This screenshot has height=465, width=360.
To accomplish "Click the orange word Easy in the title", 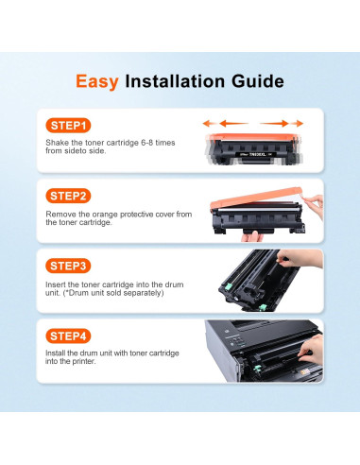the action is (97, 82).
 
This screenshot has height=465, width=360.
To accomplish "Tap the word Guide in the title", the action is (258, 81).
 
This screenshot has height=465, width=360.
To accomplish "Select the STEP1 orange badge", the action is (68, 126).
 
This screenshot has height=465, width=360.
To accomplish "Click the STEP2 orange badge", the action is (68, 196).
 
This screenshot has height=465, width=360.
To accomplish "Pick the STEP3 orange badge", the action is (68, 267).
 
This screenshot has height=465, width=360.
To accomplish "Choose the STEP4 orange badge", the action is (68, 336).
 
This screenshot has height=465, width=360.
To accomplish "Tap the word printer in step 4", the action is (83, 361).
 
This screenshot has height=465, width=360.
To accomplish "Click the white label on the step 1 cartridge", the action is (255, 154).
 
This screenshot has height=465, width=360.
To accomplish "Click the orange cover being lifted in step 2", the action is (256, 198).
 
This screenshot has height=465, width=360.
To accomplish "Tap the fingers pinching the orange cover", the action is (314, 204).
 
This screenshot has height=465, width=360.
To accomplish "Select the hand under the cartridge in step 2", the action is (251, 236).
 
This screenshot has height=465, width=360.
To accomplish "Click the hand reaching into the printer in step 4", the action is (311, 349).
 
